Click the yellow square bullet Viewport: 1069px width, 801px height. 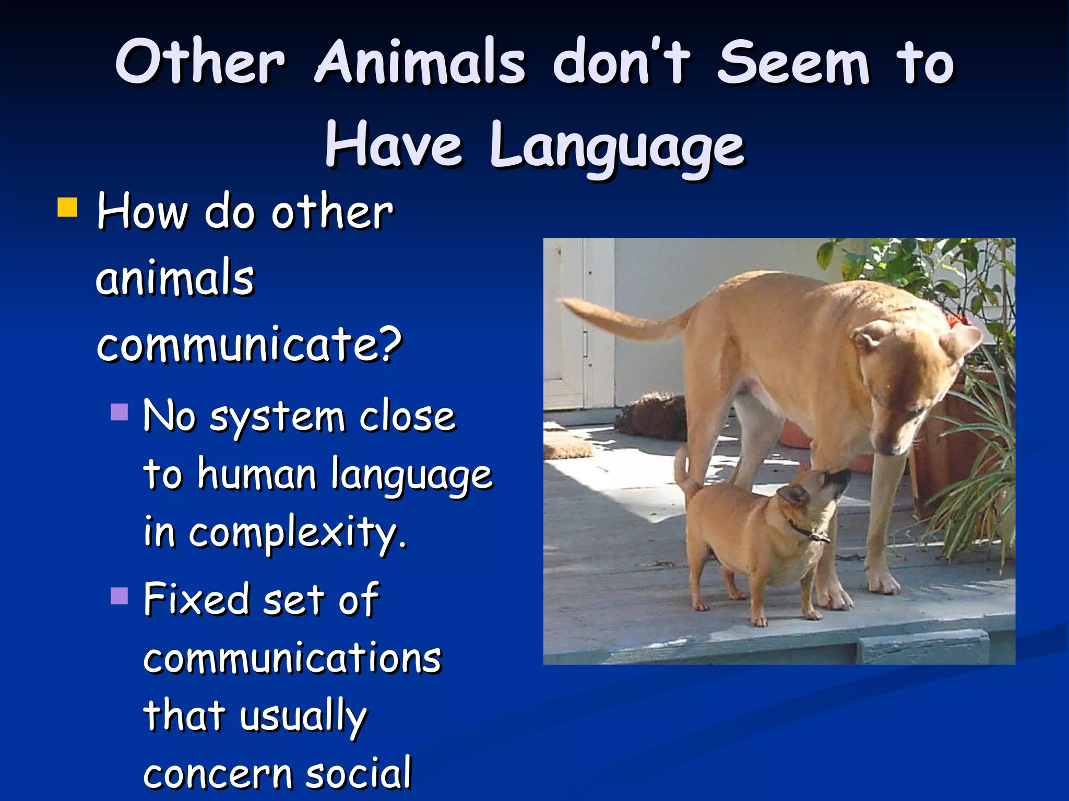point(68,207)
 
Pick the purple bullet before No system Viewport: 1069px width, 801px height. point(120,412)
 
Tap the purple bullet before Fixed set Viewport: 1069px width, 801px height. point(120,596)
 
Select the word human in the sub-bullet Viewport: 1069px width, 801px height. point(257,475)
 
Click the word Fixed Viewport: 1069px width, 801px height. point(196,600)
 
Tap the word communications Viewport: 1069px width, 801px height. point(292,658)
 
